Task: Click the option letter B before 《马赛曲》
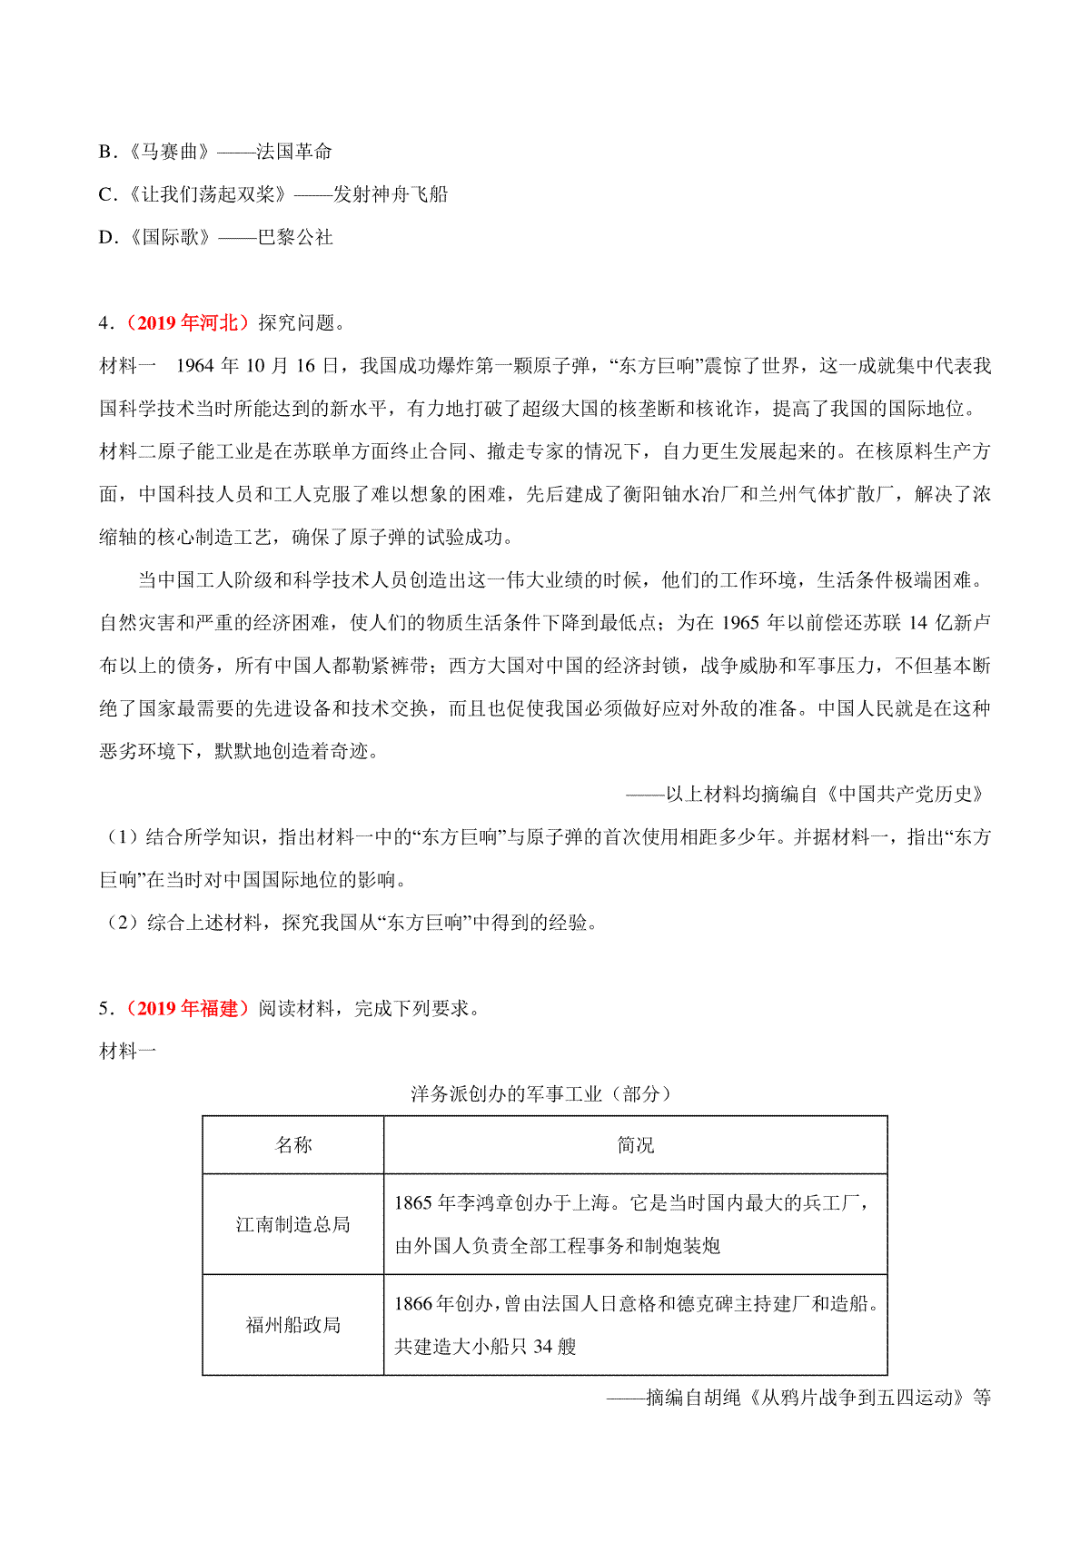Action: [104, 152]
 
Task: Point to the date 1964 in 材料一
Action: [194, 366]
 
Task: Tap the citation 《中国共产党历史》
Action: [905, 795]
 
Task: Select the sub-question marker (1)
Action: [122, 837]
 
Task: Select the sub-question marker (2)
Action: [122, 924]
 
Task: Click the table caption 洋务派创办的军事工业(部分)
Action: [540, 1094]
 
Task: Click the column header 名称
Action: [293, 1145]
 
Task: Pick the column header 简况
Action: [635, 1145]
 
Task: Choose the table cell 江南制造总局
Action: [293, 1224]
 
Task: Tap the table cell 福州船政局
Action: [293, 1325]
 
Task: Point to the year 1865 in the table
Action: [413, 1203]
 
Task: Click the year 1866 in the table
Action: [413, 1304]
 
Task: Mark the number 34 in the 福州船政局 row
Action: [542, 1347]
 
